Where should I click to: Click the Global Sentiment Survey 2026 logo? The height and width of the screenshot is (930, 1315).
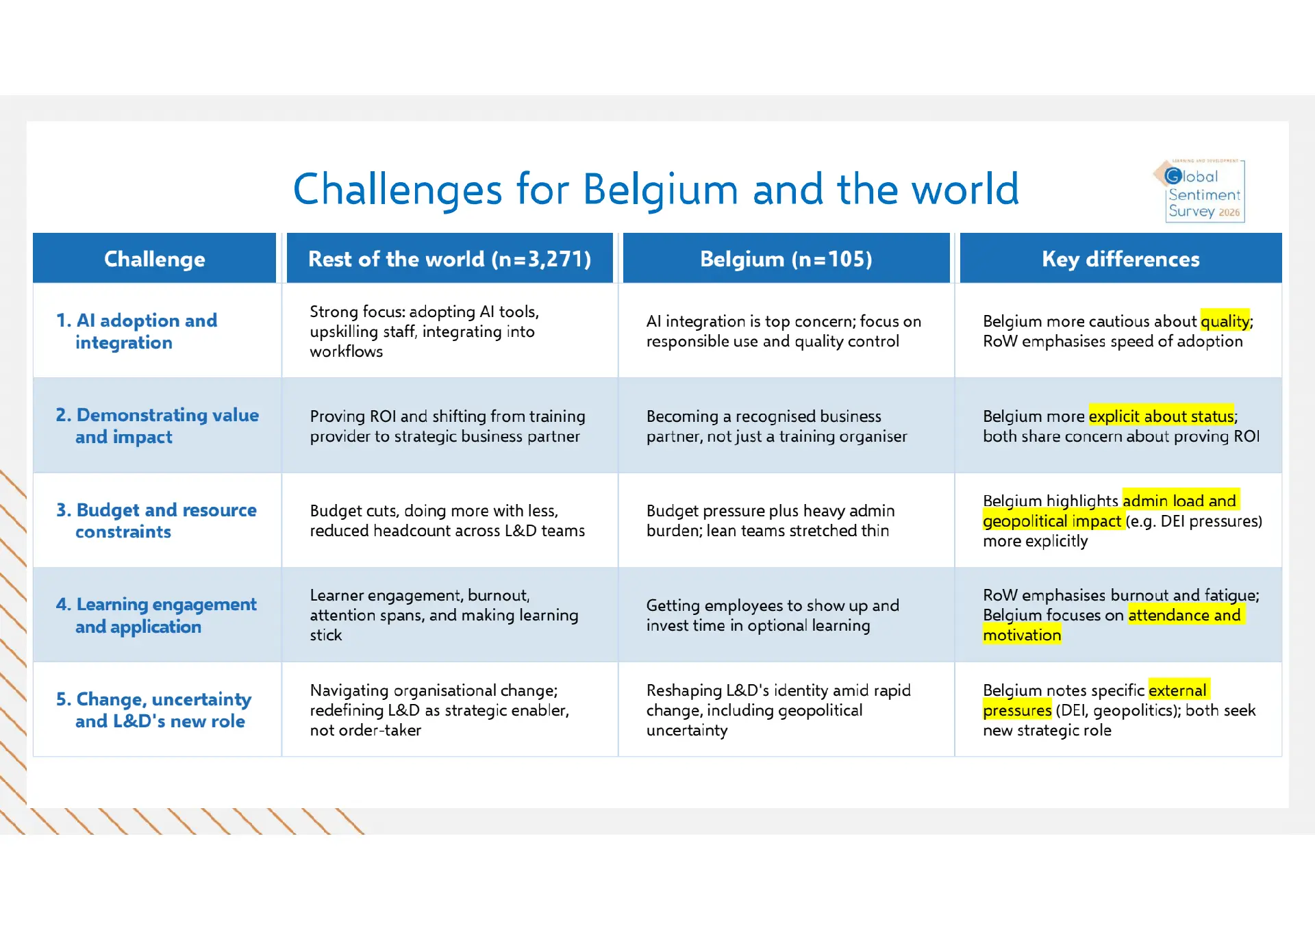[1200, 191]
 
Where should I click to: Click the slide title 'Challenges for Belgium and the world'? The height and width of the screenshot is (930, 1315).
[655, 189]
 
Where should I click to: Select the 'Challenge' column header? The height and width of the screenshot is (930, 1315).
[154, 259]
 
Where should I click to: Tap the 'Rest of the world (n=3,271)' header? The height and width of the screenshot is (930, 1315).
[449, 259]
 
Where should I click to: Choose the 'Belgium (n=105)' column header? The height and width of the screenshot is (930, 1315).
[786, 259]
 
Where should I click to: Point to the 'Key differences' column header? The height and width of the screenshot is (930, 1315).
[1120, 259]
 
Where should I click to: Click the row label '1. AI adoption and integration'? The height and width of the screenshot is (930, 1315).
[136, 331]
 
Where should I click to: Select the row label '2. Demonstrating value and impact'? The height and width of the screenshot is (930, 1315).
[157, 426]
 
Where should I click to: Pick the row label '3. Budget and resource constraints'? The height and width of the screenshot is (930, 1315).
[156, 520]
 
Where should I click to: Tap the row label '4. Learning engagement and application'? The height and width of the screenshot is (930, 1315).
[156, 615]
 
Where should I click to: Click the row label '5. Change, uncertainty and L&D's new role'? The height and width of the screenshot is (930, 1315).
[153, 709]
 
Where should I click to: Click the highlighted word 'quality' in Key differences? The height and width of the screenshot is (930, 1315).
[1225, 321]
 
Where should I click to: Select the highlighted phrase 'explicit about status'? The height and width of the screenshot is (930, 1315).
[1161, 416]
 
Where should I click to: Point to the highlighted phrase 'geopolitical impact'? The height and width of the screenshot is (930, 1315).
[1052, 521]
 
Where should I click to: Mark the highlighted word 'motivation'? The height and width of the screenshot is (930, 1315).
[1022, 635]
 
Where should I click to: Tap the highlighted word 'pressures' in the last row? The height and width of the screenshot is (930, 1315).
[1017, 710]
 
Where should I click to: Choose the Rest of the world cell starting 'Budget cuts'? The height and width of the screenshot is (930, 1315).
[447, 520]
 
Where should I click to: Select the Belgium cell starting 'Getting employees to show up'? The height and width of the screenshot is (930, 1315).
[773, 615]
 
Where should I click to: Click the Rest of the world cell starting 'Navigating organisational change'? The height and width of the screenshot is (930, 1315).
[440, 710]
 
